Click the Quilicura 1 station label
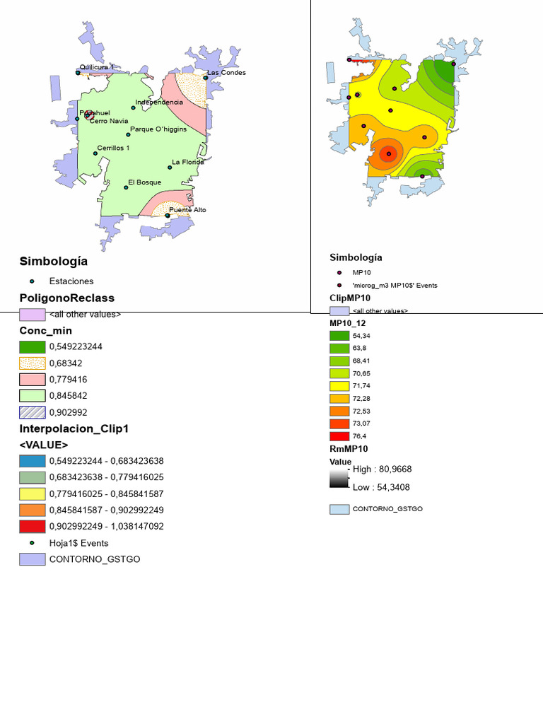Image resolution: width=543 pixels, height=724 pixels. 96,67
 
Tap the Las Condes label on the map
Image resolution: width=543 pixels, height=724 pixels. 226,73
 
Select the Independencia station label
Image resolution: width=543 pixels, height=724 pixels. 159,103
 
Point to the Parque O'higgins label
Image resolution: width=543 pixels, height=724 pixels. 158,129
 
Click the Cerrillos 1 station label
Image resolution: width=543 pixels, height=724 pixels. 113,148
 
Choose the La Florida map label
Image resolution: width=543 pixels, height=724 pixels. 187,162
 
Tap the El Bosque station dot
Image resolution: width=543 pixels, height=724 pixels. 127,187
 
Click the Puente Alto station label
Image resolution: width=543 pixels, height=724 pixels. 187,210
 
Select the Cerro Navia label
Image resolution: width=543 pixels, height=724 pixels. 109,121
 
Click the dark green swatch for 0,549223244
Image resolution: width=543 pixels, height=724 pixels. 33,346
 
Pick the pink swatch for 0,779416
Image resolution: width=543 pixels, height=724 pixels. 33,379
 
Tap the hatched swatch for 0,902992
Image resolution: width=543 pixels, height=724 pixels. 33,411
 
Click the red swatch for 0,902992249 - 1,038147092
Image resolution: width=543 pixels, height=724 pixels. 33,526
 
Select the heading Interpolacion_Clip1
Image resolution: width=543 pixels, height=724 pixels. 74,428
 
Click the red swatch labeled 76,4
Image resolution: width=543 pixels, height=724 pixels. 339,436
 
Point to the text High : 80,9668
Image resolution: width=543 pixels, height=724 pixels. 382,469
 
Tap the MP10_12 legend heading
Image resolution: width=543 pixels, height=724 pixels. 349,322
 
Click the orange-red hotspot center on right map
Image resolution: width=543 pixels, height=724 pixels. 387,154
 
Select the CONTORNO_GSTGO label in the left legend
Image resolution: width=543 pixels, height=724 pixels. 94,559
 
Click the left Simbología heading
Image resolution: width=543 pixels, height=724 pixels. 54,262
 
